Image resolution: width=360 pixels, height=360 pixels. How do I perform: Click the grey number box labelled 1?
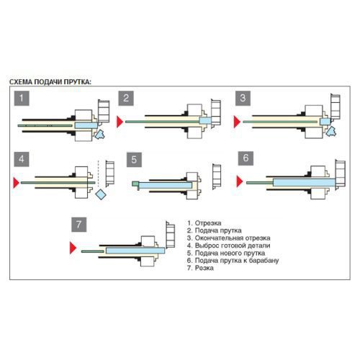pos(22,98)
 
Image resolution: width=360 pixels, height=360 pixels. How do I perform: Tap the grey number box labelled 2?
pos(126,98)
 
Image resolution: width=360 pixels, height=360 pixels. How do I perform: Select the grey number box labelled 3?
pos(243,98)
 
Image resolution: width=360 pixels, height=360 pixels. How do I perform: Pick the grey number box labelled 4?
pos(22,159)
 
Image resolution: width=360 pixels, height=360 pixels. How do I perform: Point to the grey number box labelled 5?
pos(134,160)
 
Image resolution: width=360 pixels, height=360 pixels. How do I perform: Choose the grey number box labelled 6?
pos(246,158)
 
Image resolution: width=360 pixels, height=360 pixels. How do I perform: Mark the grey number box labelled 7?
pos(79,225)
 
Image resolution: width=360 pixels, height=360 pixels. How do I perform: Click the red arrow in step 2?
pos(120,122)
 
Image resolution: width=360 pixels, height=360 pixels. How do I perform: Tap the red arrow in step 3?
pos(237,122)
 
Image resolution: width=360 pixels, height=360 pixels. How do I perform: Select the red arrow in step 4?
pos(16,183)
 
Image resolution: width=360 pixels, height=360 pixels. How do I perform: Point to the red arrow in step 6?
pos(239,181)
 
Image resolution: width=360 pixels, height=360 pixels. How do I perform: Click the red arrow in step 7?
pos(73,248)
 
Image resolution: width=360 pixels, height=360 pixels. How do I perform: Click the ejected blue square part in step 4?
pos(101,194)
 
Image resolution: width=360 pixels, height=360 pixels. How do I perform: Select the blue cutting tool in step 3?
pos(331,132)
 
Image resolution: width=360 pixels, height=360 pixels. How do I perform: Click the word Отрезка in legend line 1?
pos(208,223)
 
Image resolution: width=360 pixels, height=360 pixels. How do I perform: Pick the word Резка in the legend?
pos(204,268)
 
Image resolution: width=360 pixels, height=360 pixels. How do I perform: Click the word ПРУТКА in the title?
pos(76,82)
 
